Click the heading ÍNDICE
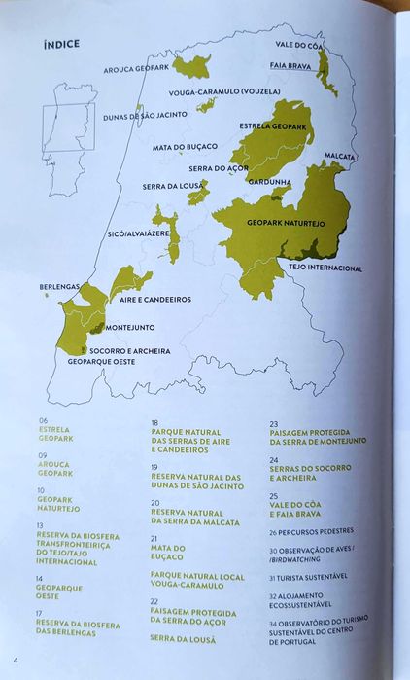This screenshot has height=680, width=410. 61,44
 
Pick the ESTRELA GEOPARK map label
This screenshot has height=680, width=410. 273,125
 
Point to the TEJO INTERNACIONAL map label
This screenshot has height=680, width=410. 325,268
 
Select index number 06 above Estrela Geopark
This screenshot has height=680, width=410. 44,420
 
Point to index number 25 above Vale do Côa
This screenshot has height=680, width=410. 274,496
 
